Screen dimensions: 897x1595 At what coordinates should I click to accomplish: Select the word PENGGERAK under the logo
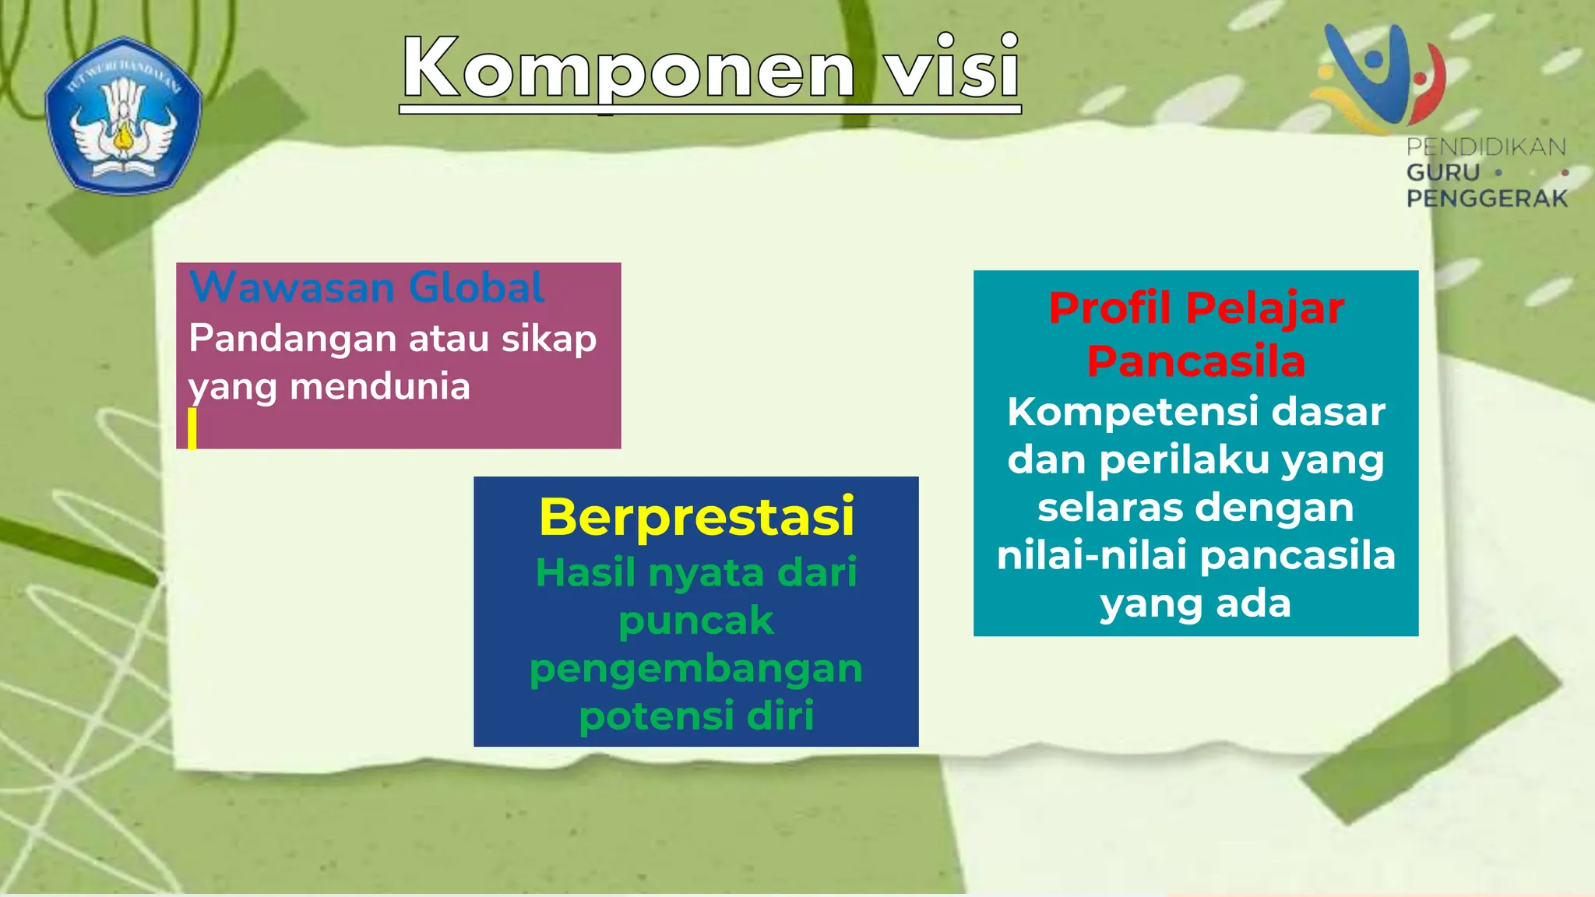[1486, 199]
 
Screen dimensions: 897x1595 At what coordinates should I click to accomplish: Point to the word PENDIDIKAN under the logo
[1486, 146]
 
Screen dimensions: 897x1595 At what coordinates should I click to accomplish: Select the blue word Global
[477, 287]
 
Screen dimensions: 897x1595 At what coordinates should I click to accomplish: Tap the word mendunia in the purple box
[380, 387]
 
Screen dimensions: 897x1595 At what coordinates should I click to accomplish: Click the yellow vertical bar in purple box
[192, 428]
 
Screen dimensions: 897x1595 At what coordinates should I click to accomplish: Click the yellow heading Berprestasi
[696, 517]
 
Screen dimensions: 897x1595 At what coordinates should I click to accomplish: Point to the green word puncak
[695, 621]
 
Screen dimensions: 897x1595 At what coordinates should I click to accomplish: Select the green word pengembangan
[695, 668]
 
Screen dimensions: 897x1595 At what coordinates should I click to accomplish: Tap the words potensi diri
[695, 716]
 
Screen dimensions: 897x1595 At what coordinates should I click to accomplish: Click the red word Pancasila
[1195, 361]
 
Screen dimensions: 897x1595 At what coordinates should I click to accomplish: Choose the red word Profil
[1110, 308]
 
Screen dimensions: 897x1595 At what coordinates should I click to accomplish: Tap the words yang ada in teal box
[1195, 603]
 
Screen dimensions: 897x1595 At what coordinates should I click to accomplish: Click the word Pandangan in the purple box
[293, 339]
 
